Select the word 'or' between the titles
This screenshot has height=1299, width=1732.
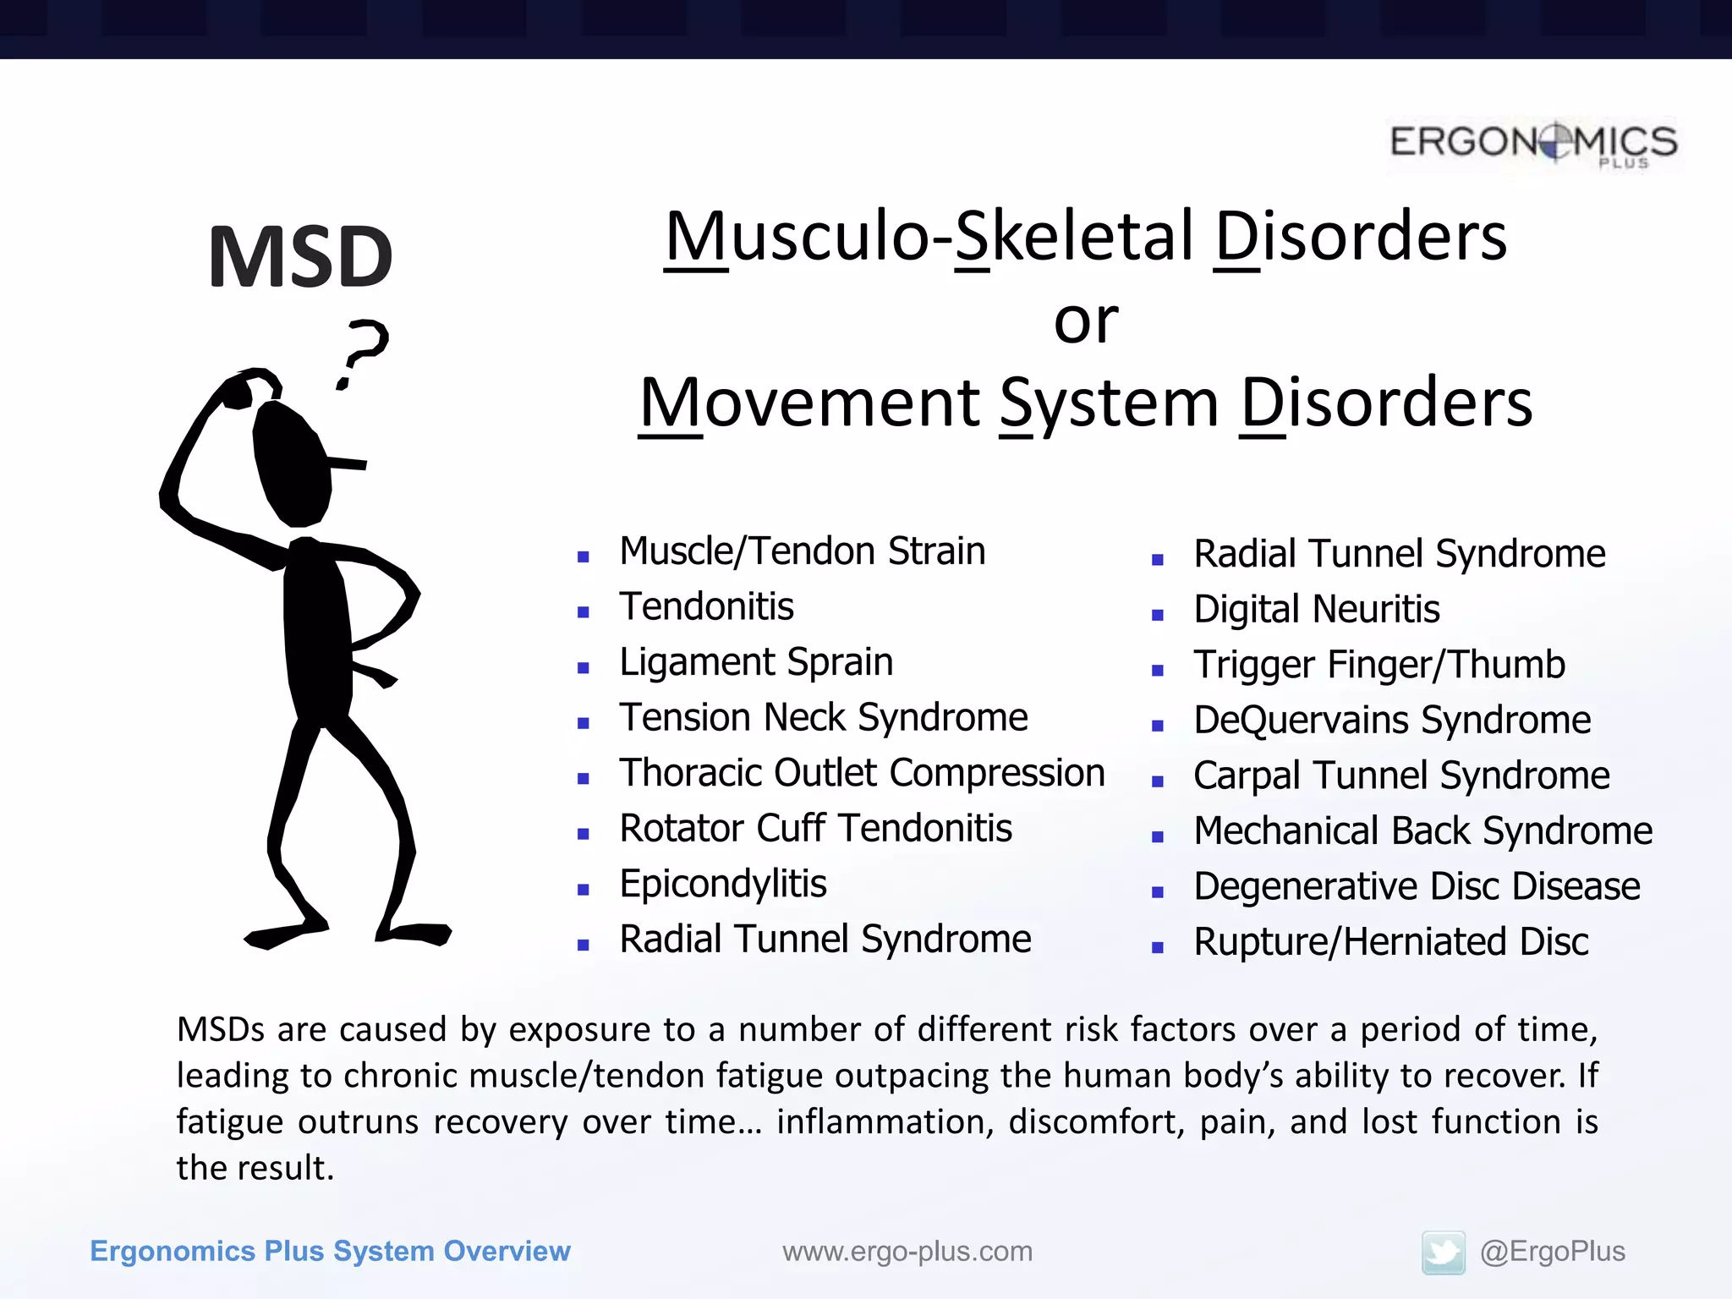[1085, 322]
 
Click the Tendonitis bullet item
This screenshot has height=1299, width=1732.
[706, 607]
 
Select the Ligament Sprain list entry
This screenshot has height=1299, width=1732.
[755, 662]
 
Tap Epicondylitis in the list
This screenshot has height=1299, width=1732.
[722, 885]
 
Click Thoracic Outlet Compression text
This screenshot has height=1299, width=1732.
[861, 773]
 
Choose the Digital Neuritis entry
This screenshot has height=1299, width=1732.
[1316, 610]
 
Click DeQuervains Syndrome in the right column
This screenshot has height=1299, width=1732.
[1391, 721]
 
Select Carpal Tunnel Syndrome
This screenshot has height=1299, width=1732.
[1400, 776]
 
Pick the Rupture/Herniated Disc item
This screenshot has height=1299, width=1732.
[1390, 942]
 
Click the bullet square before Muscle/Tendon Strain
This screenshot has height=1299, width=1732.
[583, 556]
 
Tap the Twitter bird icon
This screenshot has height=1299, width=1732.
[1443, 1252]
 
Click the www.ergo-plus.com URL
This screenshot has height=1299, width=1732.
[907, 1252]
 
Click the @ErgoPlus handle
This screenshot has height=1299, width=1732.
[1552, 1252]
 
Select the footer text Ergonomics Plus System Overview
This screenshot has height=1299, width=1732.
[330, 1252]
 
